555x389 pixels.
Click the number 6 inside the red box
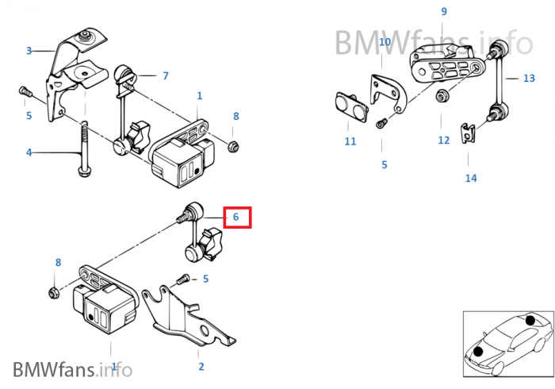237,217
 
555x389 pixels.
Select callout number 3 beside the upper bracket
29,51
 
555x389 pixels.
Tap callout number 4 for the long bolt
29,152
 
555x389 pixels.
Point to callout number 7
165,76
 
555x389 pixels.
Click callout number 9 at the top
444,11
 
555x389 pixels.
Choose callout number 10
385,42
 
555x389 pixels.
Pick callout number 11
350,141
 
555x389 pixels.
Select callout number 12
443,140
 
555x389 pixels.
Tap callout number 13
529,78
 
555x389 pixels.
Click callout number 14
471,178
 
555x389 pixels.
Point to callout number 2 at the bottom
201,366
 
